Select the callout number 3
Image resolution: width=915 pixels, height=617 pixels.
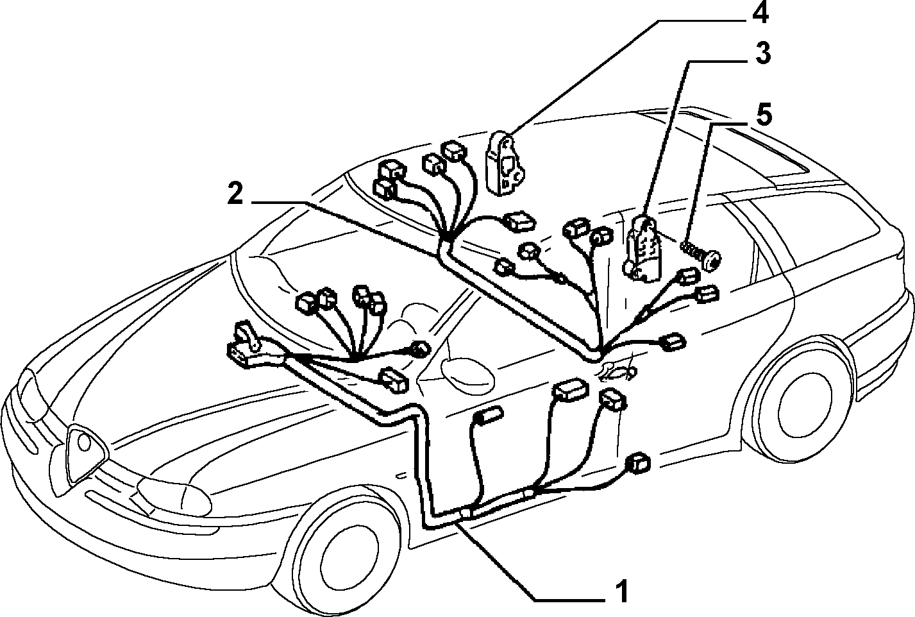point(762,53)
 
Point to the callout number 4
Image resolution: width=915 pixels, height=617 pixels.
point(760,13)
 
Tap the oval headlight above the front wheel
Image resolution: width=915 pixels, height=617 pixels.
point(174,498)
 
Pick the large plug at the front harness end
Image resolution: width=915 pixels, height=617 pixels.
point(245,348)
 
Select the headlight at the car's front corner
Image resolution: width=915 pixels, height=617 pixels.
point(33,394)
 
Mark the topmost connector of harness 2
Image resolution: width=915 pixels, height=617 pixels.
point(454,151)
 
